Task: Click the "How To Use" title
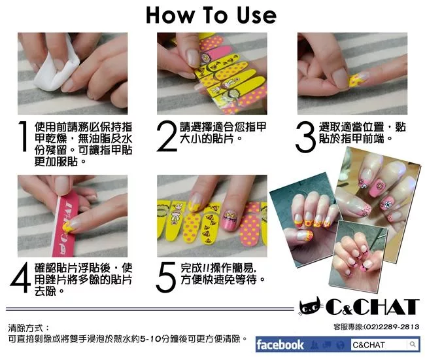coord(211,15)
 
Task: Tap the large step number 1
coord(24,136)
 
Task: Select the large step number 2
coord(167,136)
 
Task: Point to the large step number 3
coord(305,137)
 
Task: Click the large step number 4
coord(20,278)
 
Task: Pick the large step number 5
coord(166,278)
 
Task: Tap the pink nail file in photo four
coord(67,225)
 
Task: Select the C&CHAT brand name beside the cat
coord(373,307)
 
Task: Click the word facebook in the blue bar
coord(280,344)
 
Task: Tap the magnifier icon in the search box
coord(413,344)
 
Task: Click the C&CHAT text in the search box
coord(369,345)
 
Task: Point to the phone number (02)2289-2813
coord(391,327)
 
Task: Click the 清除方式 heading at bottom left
coord(25,328)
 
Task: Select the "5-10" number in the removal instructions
coord(150,339)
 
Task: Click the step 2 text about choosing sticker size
coord(223,133)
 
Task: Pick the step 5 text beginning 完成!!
coord(223,274)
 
